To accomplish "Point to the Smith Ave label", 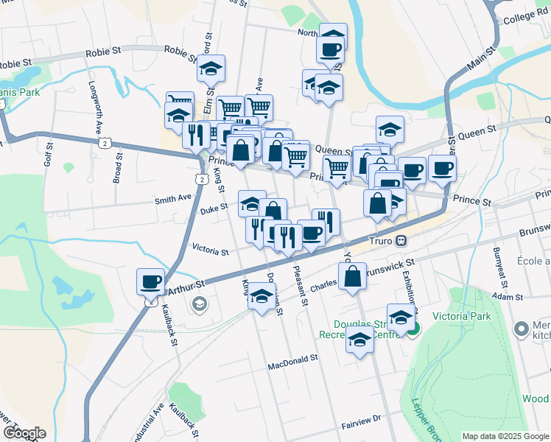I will [x=172, y=197].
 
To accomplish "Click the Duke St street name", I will [x=213, y=211].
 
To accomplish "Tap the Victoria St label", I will [x=210, y=251].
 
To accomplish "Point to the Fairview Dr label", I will [x=360, y=418].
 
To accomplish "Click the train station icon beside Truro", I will [x=401, y=240].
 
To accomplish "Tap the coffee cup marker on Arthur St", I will [x=151, y=281].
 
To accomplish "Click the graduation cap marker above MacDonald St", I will [x=359, y=340].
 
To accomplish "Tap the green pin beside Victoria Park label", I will [x=413, y=329].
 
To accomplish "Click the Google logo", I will [x=24, y=433].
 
